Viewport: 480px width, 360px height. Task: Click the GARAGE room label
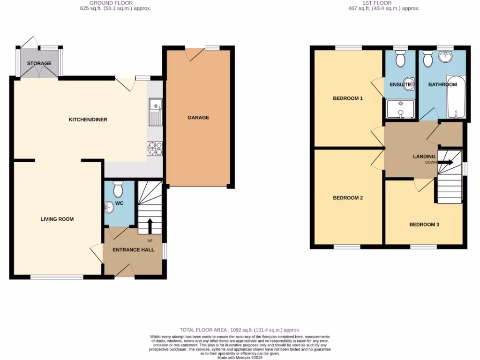point(198,118)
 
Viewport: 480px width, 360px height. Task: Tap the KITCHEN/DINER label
point(88,120)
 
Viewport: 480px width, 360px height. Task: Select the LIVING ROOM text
point(57,219)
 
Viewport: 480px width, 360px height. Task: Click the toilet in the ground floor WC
point(118,189)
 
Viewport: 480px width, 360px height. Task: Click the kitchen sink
point(155,112)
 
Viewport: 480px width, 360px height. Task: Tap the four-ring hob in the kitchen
point(155,149)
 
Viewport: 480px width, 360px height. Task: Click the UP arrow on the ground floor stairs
point(150,226)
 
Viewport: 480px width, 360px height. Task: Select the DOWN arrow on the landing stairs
point(446,163)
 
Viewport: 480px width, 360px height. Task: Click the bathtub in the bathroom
point(455,97)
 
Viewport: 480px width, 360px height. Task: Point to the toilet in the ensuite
point(400,59)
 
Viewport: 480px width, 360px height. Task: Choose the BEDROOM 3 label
point(424,225)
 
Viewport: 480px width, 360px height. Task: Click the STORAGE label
point(39,63)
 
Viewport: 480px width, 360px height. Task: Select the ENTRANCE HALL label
point(134,250)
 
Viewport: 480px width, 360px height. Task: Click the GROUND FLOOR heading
point(115,3)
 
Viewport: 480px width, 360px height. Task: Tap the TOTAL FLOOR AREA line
point(240,330)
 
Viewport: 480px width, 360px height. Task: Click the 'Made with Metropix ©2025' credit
point(240,358)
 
